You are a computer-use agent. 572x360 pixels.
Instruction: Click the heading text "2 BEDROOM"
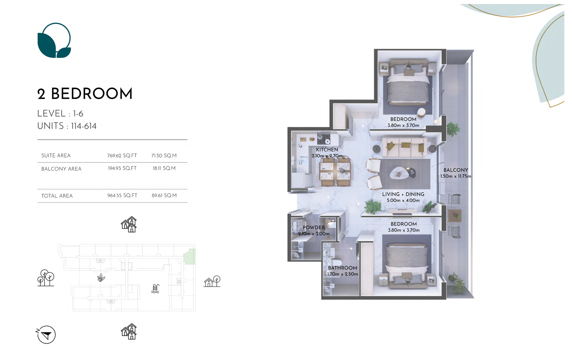click(85, 94)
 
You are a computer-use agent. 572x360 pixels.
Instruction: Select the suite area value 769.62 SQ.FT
click(122, 156)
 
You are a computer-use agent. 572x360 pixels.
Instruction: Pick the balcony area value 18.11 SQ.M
click(164, 168)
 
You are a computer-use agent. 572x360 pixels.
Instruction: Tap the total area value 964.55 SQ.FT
click(122, 196)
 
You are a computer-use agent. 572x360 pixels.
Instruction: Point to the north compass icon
click(46, 334)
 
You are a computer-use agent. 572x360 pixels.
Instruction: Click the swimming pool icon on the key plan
click(155, 289)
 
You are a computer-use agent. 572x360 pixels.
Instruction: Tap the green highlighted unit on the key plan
click(190, 256)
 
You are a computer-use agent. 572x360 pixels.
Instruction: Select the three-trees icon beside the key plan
click(46, 278)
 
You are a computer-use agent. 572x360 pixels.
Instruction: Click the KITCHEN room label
click(327, 150)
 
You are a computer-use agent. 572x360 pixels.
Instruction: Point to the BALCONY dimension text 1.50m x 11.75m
click(456, 176)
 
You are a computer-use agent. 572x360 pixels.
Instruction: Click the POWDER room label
click(314, 228)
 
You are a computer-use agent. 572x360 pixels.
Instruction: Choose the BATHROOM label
click(342, 268)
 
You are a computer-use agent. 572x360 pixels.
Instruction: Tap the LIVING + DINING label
click(403, 194)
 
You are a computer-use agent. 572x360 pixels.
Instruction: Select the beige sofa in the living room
click(404, 148)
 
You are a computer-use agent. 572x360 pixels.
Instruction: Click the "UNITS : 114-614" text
click(67, 126)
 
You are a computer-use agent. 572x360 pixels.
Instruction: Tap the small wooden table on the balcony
click(455, 216)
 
